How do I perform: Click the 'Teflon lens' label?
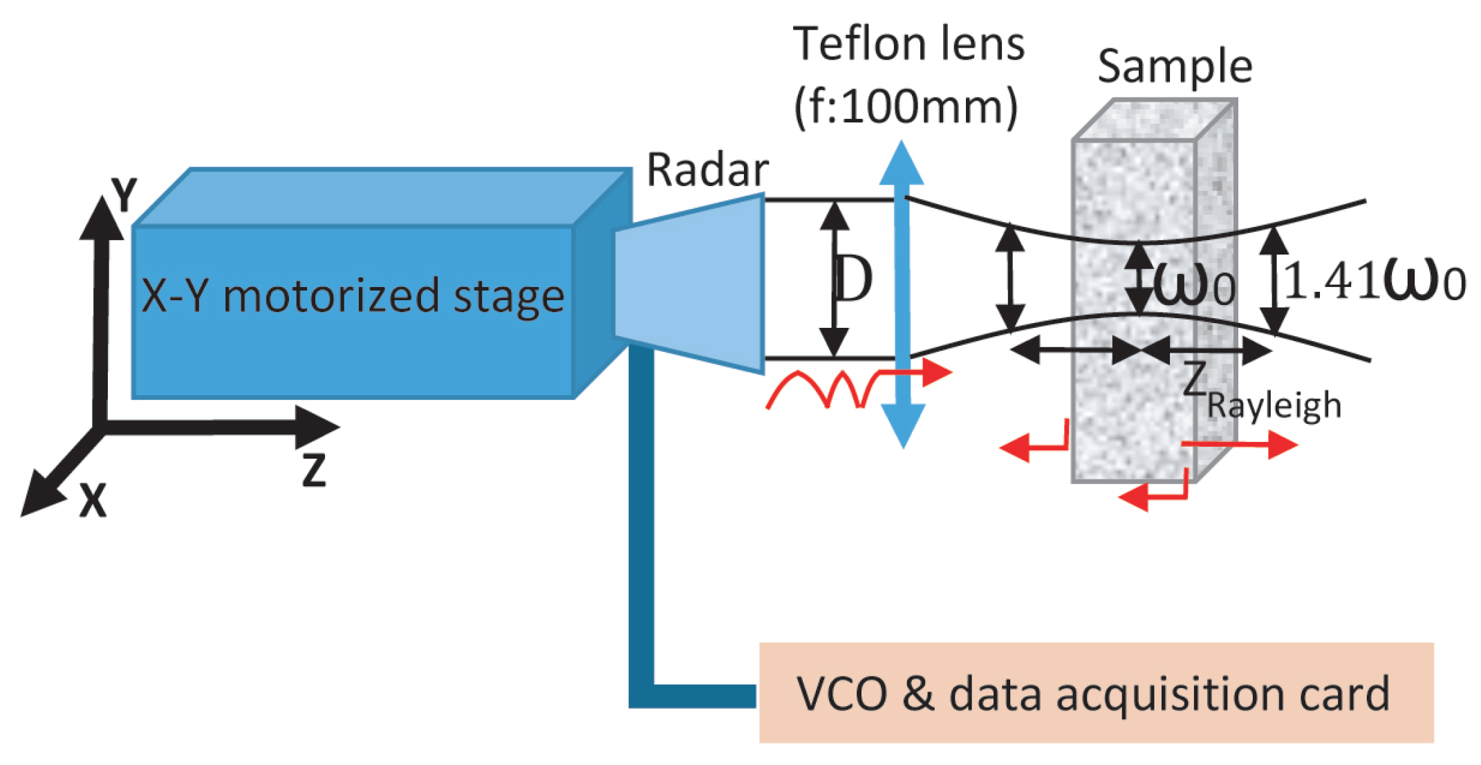[908, 44]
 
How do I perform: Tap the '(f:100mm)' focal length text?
[906, 107]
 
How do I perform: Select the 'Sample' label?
[1175, 66]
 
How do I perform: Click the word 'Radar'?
[707, 170]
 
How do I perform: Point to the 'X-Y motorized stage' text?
[353, 296]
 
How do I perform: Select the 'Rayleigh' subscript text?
[1274, 405]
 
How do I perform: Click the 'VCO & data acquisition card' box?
[1096, 692]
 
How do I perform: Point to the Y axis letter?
[124, 195]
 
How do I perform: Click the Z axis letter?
[314, 470]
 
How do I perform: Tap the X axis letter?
[93, 500]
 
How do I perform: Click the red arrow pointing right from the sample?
[1245, 445]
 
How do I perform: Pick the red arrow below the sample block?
[1151, 494]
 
